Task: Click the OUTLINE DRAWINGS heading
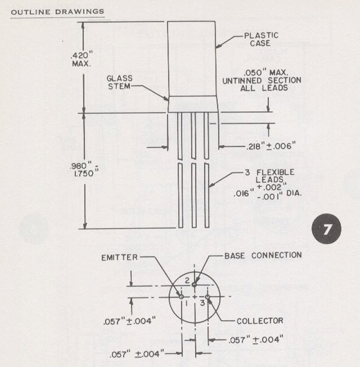pos(58,12)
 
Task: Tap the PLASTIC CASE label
pos(261,39)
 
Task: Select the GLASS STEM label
pos(120,82)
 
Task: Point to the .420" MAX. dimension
pos(81,59)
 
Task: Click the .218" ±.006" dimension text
pos(271,146)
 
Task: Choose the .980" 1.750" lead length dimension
pos(84,170)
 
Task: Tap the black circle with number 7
pos(326,229)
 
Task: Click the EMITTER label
pos(120,258)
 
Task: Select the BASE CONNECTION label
pos(263,255)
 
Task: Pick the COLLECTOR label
pos(260,321)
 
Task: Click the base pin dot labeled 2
pos(194,285)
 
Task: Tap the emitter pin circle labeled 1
pos(181,297)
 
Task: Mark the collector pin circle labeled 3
pos(207,297)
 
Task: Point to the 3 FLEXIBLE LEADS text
pos(270,176)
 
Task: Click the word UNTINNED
pos(242,81)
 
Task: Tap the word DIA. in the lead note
pos(294,193)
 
